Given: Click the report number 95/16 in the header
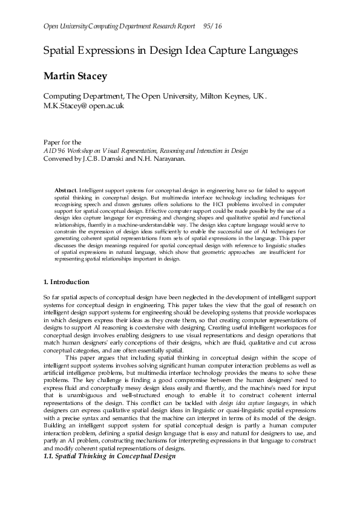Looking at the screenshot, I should (214, 26).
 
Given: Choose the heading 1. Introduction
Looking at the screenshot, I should (67, 282).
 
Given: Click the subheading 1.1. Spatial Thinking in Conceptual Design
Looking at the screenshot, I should (109, 455).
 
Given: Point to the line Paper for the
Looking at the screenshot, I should (62, 143).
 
